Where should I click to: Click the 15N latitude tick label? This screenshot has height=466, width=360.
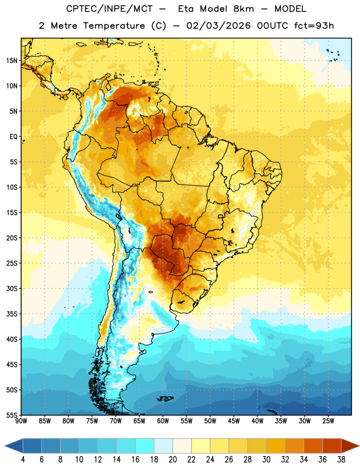tap(12, 61)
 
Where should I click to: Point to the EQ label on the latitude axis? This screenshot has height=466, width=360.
tap(13, 137)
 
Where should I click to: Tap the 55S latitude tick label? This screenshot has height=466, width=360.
tap(12, 415)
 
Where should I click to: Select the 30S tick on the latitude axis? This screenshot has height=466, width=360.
tap(12, 288)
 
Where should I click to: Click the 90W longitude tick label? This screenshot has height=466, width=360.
tap(21, 421)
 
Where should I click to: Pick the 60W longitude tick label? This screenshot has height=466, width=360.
tap(163, 421)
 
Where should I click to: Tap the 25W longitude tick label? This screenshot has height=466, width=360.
tap(328, 421)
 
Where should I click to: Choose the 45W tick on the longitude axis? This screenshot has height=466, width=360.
tap(234, 421)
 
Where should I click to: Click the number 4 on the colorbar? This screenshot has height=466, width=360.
tap(23, 460)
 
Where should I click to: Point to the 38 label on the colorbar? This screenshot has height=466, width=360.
tap(341, 460)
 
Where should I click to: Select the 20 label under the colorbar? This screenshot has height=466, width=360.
tap(172, 460)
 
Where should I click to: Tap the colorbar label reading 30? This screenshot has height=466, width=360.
tap(266, 460)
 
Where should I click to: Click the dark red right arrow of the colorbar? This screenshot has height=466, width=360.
tap(350, 446)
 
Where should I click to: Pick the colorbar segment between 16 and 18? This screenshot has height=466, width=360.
tap(144, 446)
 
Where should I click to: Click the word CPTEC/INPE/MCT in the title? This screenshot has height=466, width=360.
tap(110, 9)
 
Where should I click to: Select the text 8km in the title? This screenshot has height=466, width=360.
tap(243, 9)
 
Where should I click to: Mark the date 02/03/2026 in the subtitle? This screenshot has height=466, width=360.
tap(218, 26)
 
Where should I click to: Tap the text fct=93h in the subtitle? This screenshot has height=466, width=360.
tap(314, 26)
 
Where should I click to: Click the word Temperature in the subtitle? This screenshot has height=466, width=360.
tap(114, 26)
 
